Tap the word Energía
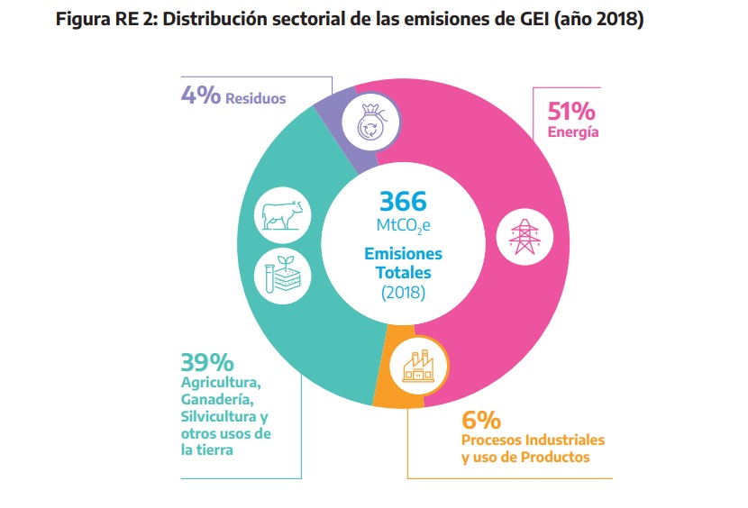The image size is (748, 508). point(574,133)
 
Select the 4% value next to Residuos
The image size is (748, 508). point(201,95)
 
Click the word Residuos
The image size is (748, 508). point(256,97)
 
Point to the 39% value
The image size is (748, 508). point(206,362)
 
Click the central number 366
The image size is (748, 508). point(403,200)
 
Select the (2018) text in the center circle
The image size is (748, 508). point(403,294)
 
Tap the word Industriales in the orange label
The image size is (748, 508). point(563,440)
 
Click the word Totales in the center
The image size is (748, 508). point(403,272)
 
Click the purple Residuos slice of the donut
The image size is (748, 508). point(340,127)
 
